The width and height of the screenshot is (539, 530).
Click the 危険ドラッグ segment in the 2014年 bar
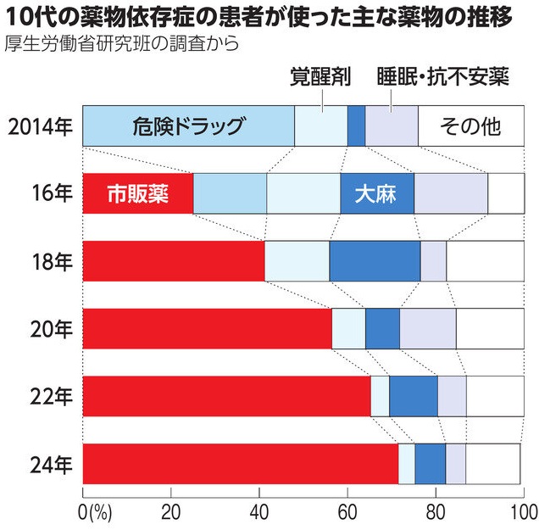pos(188,127)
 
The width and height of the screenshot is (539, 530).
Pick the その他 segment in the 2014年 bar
pos(471,127)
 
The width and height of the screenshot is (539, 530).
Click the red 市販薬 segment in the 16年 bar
pos(138,194)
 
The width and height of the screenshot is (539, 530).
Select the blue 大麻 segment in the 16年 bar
pos(376,194)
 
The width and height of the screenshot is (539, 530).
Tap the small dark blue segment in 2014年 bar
pos(356,127)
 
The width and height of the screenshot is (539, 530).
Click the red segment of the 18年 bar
pos(174,260)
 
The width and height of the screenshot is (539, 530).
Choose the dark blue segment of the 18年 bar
pos(375,260)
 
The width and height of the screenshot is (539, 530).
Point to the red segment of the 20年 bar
pos(207,328)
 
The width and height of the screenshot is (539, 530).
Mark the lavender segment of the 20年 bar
pos(428,328)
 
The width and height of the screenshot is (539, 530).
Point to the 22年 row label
pos(53,396)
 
